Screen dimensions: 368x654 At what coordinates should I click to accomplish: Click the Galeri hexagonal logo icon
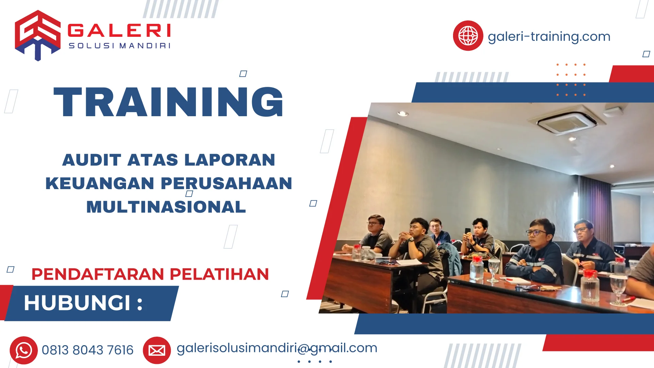(37, 35)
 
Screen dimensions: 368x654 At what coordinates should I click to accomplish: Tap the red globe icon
(468, 36)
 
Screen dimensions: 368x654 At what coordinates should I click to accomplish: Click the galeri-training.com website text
(549, 36)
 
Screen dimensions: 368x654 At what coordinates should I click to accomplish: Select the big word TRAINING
(169, 102)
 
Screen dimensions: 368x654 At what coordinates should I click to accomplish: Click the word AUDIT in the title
(92, 160)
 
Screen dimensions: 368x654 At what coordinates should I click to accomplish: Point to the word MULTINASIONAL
(166, 207)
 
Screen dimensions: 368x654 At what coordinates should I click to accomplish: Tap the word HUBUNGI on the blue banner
(77, 303)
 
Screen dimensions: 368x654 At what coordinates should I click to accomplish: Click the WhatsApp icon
(24, 350)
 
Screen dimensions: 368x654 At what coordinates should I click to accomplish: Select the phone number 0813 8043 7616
(88, 350)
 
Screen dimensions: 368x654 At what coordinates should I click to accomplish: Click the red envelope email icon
(157, 350)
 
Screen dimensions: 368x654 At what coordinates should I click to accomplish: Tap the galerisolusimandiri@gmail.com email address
(277, 348)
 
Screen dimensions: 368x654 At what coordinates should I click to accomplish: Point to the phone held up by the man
(468, 232)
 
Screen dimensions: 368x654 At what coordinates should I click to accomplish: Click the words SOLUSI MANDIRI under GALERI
(119, 46)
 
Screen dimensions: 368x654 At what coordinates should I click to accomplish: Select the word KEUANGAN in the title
(100, 183)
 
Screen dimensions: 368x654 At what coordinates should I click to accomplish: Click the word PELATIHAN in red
(219, 274)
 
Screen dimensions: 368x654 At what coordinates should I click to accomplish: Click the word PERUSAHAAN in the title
(226, 183)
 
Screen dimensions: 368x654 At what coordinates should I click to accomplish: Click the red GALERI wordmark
(119, 30)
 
